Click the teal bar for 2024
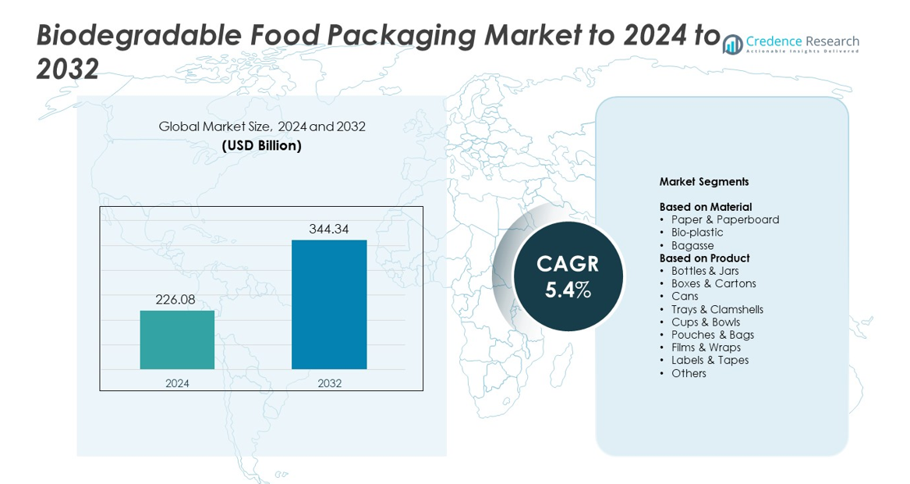click(x=177, y=340)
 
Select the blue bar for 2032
click(x=329, y=304)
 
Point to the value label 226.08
click(x=175, y=300)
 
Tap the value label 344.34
click(x=328, y=229)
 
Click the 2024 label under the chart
click(x=177, y=383)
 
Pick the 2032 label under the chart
click(x=329, y=383)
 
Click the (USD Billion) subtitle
click(x=261, y=145)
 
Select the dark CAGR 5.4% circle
click(x=568, y=276)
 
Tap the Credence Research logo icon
click(x=732, y=44)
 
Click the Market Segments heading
click(x=704, y=182)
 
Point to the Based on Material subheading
click(x=706, y=207)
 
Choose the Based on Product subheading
click(x=704, y=258)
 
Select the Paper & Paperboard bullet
click(x=724, y=220)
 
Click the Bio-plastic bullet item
click(x=696, y=233)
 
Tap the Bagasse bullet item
click(x=692, y=246)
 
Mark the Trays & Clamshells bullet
click(x=717, y=310)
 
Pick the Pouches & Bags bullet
click(x=712, y=335)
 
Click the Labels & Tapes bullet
click(x=710, y=361)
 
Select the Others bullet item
click(x=689, y=373)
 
